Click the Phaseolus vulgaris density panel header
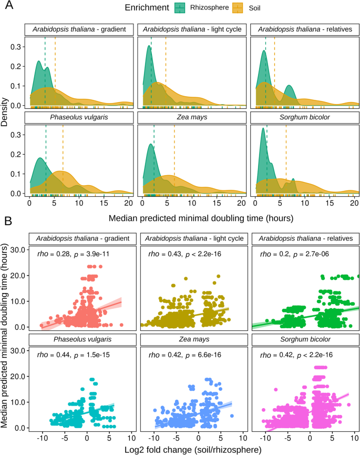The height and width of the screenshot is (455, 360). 78,116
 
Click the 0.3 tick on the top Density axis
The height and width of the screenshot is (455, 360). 16,47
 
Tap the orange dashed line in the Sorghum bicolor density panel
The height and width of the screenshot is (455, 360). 286,158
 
